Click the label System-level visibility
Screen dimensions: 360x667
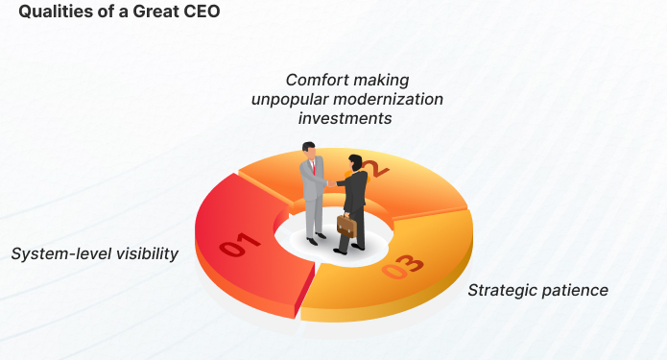pyautogui.click(x=95, y=254)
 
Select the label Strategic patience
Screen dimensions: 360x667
pyautogui.click(x=537, y=290)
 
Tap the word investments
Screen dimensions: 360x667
pyautogui.click(x=345, y=118)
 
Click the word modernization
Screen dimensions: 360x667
pyautogui.click(x=396, y=100)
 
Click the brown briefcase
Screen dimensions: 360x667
pyautogui.click(x=345, y=227)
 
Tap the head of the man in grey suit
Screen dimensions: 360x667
pyautogui.click(x=308, y=149)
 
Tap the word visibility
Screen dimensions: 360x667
pyautogui.click(x=145, y=254)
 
